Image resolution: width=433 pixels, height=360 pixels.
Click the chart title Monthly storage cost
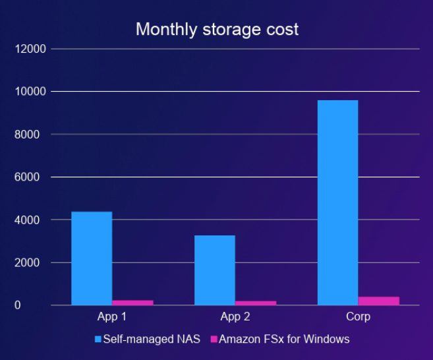pyautogui.click(x=217, y=30)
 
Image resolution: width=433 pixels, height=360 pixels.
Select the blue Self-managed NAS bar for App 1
pyautogui.click(x=92, y=258)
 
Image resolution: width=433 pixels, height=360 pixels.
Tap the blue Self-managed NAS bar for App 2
pyautogui.click(x=215, y=270)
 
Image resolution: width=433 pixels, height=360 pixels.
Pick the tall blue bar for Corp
pyautogui.click(x=337, y=202)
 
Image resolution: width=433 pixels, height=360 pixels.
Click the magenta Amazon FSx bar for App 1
pyautogui.click(x=132, y=303)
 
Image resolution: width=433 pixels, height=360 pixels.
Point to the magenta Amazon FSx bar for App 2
pyautogui.click(x=256, y=303)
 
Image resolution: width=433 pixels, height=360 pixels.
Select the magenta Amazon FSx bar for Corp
pyautogui.click(x=379, y=301)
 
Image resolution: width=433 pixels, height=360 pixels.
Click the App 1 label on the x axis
pyautogui.click(x=111, y=316)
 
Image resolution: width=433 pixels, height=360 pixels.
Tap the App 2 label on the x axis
pyautogui.click(x=235, y=316)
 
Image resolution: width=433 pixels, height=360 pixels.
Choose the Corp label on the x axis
pyautogui.click(x=358, y=316)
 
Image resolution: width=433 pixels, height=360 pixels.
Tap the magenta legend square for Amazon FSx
pyautogui.click(x=213, y=340)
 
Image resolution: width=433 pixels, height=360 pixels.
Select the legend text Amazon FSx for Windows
pyautogui.click(x=284, y=340)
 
